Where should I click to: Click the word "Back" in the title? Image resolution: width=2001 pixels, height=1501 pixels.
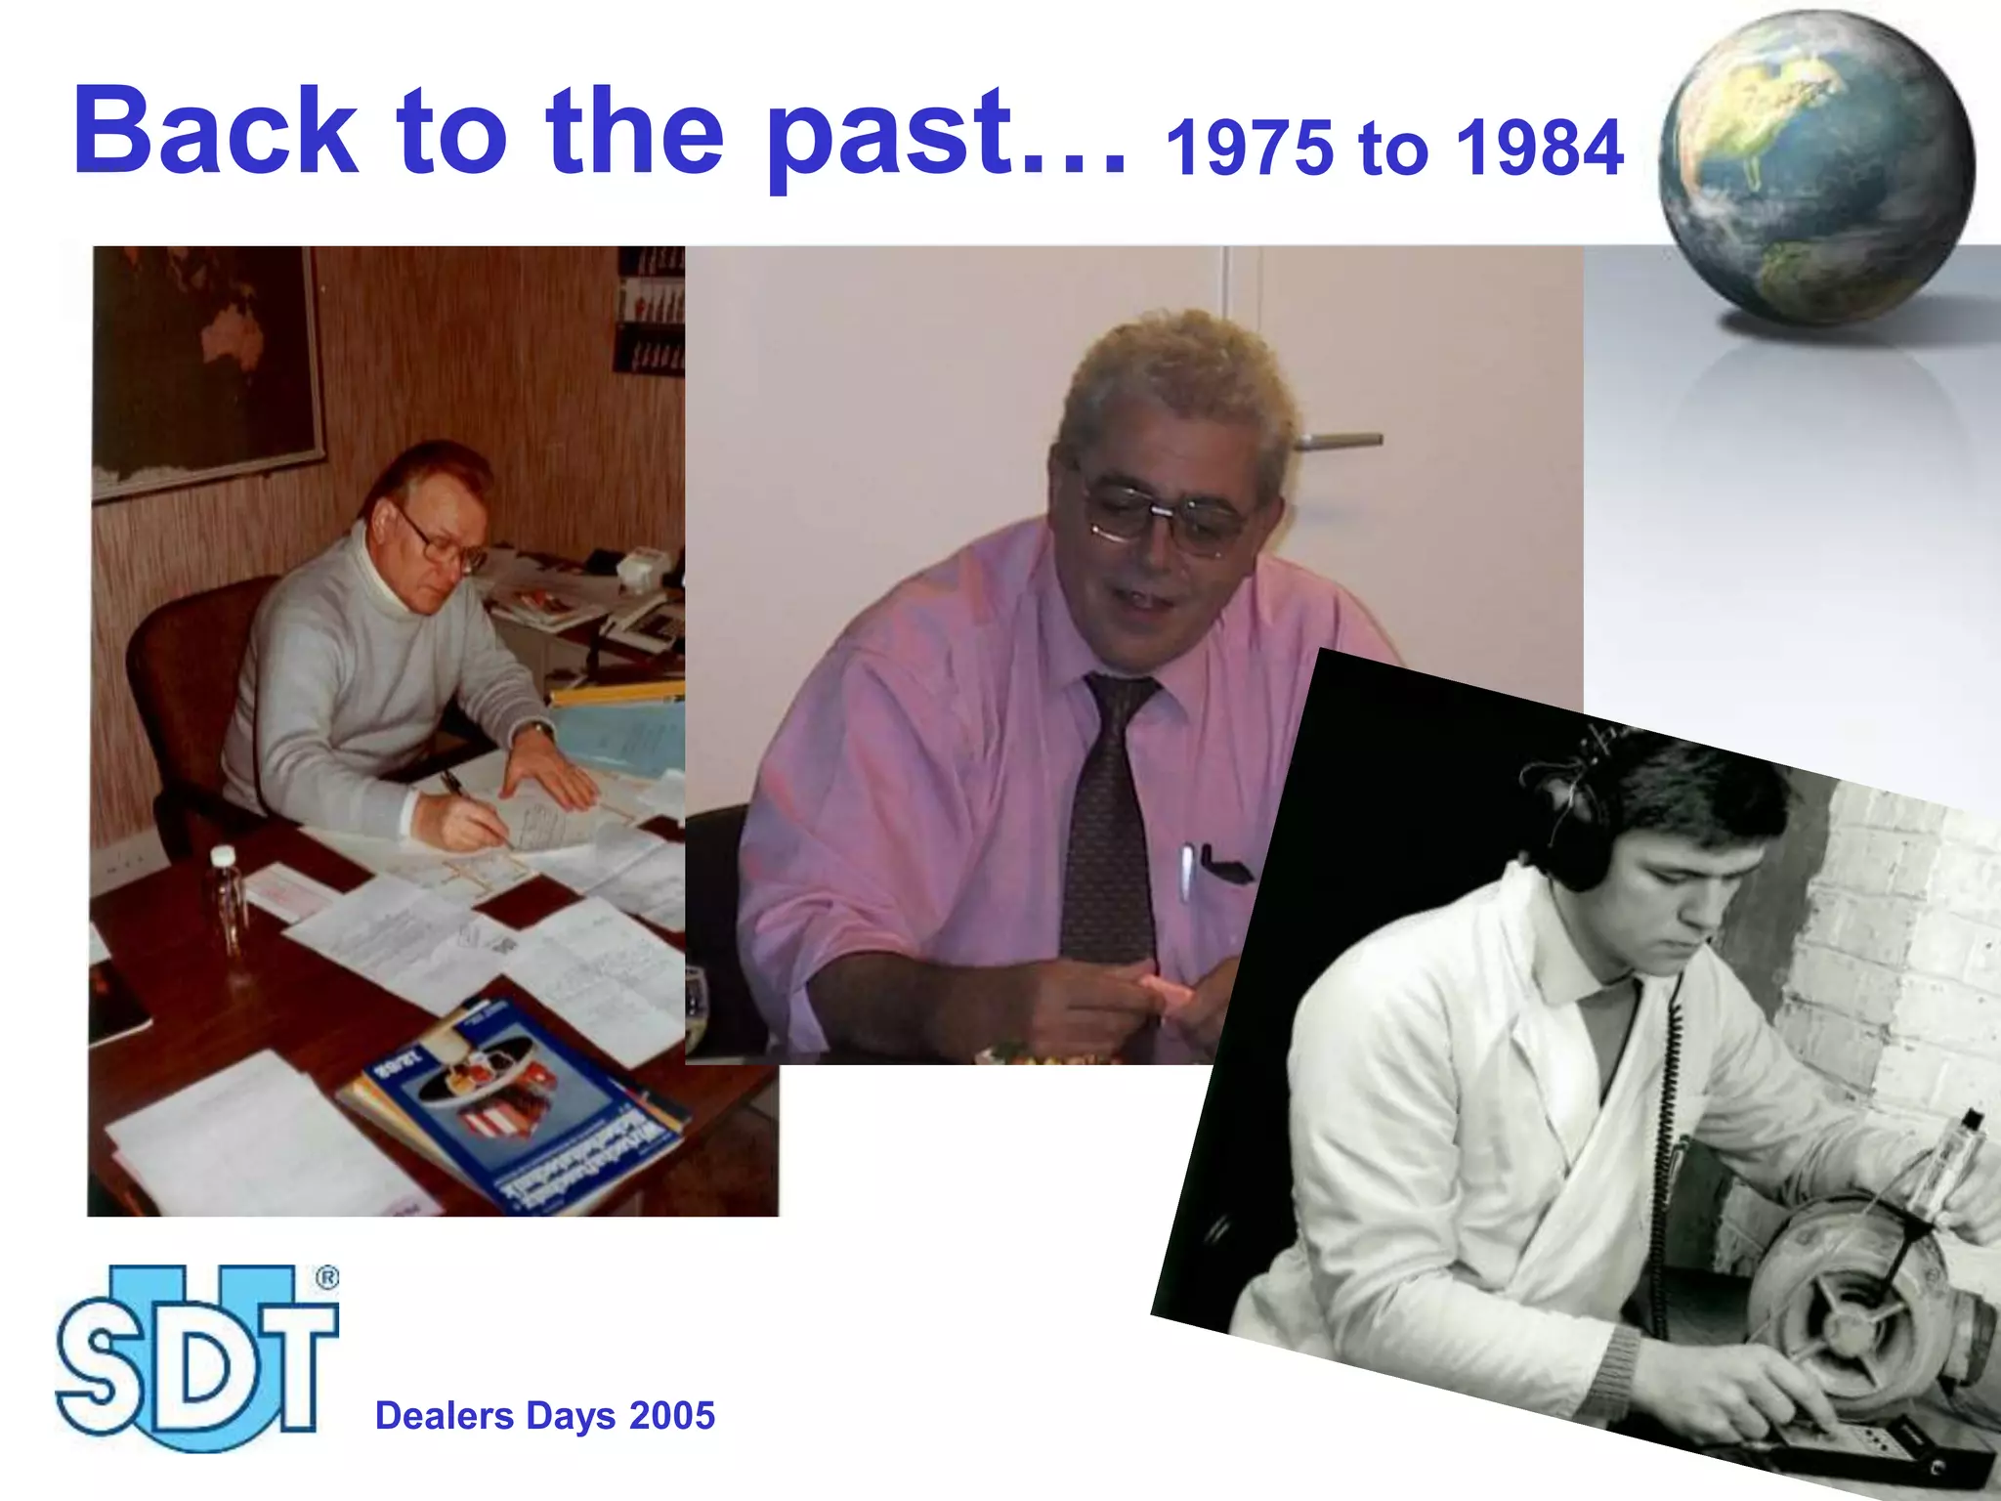coord(215,132)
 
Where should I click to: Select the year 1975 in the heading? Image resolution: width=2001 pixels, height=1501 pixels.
coord(1249,149)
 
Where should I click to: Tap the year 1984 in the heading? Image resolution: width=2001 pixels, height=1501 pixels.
coord(1539,149)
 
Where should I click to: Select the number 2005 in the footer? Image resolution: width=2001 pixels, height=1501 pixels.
coord(672,1416)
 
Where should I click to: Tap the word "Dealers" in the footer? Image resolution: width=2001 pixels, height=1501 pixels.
coord(445,1416)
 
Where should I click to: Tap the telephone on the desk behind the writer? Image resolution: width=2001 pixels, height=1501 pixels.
coord(645,625)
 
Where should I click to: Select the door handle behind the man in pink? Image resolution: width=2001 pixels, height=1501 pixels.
coord(1339,442)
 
